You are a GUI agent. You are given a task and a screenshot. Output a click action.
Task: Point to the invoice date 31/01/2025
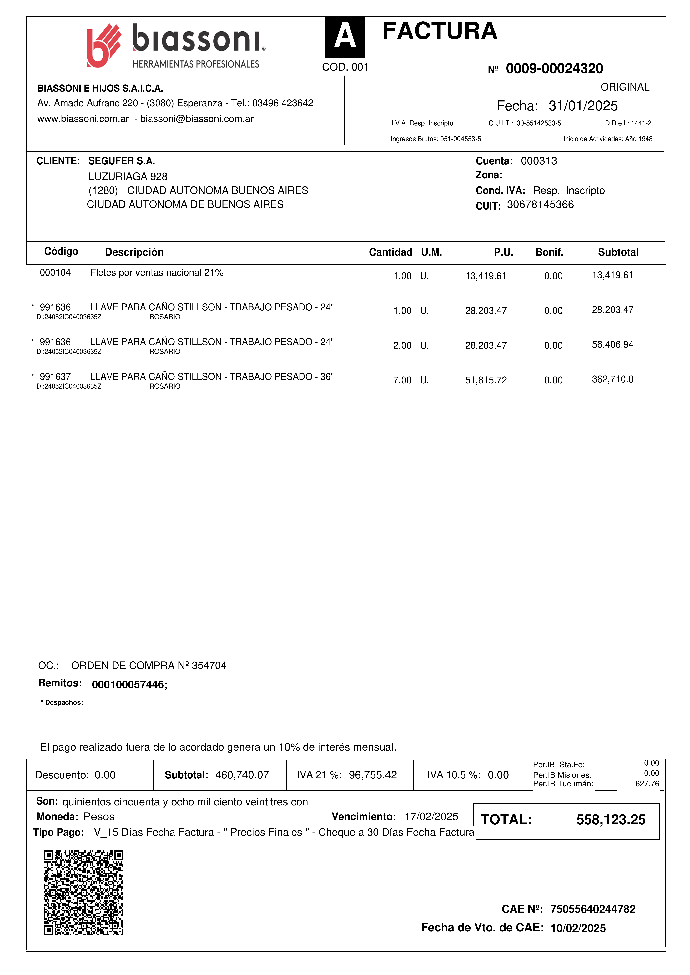click(x=583, y=106)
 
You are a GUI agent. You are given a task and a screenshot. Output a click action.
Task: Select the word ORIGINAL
click(x=625, y=87)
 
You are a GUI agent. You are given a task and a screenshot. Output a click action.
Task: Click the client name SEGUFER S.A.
click(x=122, y=161)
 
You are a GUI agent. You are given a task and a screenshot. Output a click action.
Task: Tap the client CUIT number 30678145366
click(x=540, y=205)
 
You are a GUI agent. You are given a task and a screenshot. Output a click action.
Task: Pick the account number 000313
click(x=539, y=161)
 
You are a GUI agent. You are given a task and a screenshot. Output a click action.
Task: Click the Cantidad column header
click(x=390, y=252)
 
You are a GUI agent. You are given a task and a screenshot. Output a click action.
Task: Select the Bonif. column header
click(x=549, y=252)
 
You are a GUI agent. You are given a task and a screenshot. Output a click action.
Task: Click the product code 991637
click(x=55, y=377)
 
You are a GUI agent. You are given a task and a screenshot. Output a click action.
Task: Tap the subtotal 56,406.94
click(x=612, y=345)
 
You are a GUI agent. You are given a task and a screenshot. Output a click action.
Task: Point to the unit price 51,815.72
click(x=486, y=380)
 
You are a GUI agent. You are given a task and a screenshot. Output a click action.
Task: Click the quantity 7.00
click(x=402, y=380)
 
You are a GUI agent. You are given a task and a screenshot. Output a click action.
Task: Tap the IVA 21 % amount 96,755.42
click(x=373, y=775)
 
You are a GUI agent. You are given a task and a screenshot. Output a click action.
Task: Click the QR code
click(x=84, y=893)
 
